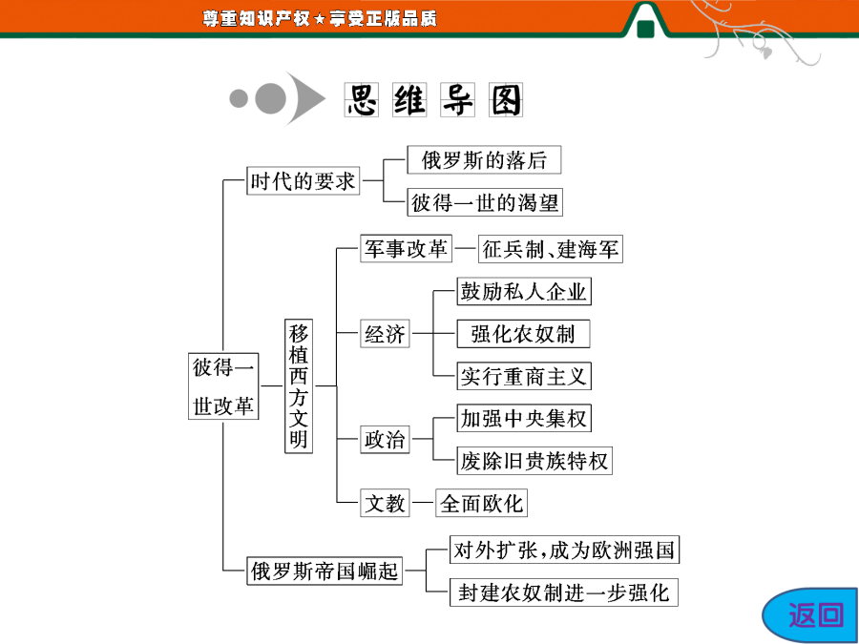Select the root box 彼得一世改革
pyautogui.click(x=223, y=386)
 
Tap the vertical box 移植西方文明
pyautogui.click(x=299, y=386)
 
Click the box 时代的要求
pyautogui.click(x=303, y=180)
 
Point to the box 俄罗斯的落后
pyautogui.click(x=484, y=160)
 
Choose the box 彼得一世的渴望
pyautogui.click(x=485, y=202)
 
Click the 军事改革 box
pyautogui.click(x=406, y=249)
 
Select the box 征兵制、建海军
pyautogui.click(x=551, y=249)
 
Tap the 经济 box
pyautogui.click(x=385, y=333)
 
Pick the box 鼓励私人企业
pyautogui.click(x=524, y=291)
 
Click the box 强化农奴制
pyautogui.click(x=524, y=334)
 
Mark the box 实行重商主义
pyautogui.click(x=524, y=376)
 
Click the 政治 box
pyautogui.click(x=385, y=439)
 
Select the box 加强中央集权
pyautogui.click(x=524, y=419)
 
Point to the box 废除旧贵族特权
pyautogui.click(x=534, y=461)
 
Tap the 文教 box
pyautogui.click(x=385, y=503)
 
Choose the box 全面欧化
pyautogui.click(x=482, y=503)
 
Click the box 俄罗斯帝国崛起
pyautogui.click(x=325, y=571)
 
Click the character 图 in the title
pyautogui.click(x=506, y=100)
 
